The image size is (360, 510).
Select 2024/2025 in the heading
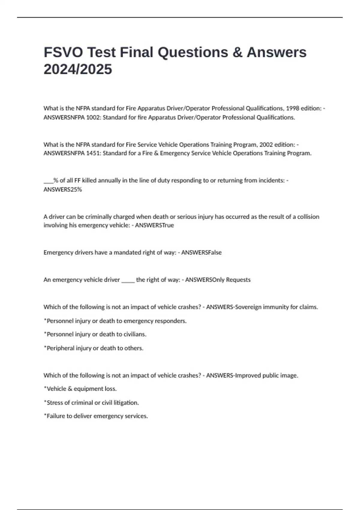pyautogui.click(x=78, y=69)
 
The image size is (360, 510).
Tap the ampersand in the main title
pyautogui.click(x=237, y=52)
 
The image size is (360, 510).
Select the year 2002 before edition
pyautogui.click(x=266, y=145)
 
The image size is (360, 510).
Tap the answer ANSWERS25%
pyautogui.click(x=63, y=189)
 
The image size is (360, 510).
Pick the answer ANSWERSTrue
pyautogui.click(x=154, y=225)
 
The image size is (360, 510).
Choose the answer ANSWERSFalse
pyautogui.click(x=201, y=253)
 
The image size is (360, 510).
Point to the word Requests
pyautogui.click(x=238, y=280)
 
